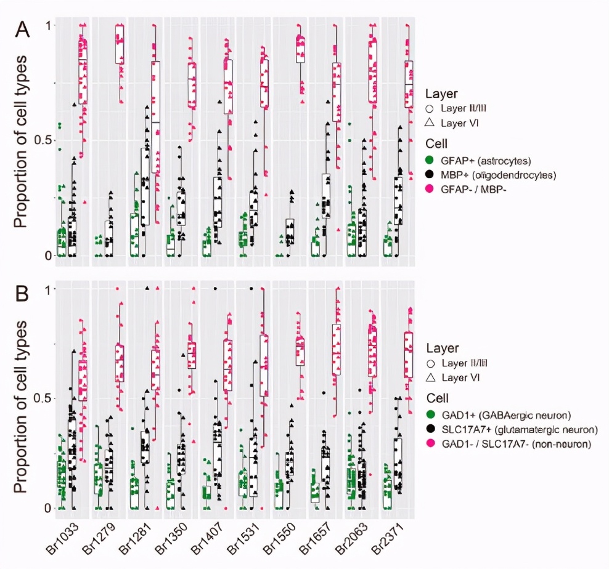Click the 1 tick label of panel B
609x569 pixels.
pos(52,289)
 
